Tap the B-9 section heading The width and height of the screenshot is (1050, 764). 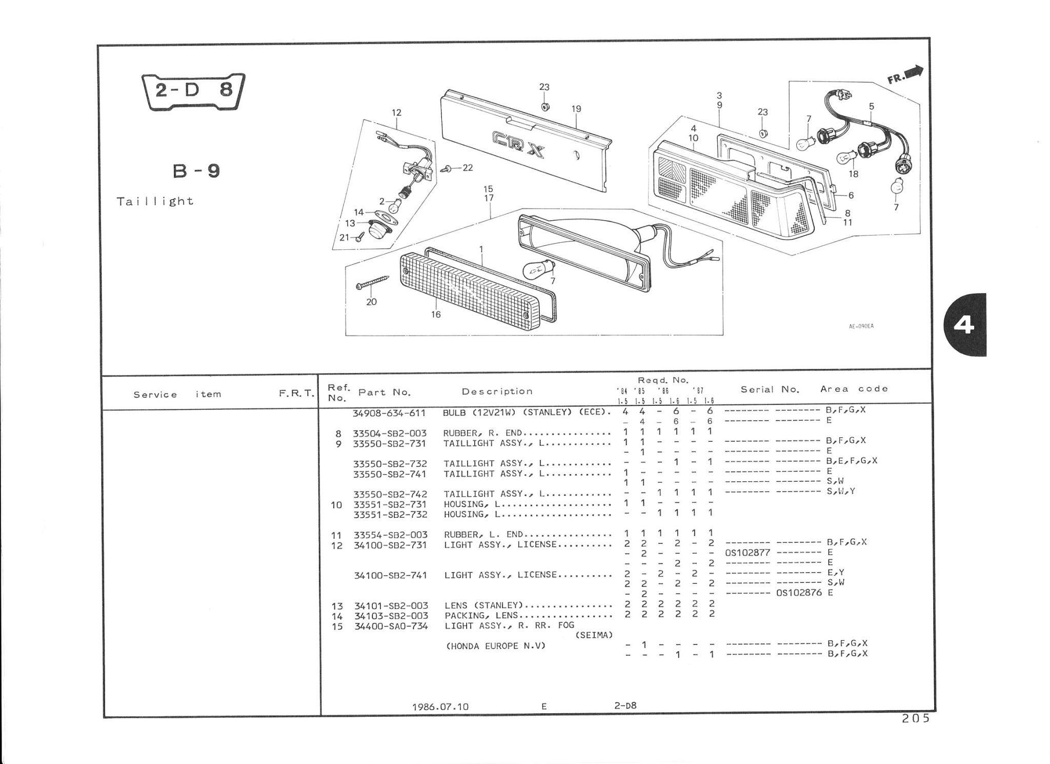(197, 171)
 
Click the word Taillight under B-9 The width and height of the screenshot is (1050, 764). (155, 201)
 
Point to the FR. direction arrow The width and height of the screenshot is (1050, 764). (905, 74)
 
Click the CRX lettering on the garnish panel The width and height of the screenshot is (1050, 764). (518, 144)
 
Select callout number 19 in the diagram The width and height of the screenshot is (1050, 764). (576, 109)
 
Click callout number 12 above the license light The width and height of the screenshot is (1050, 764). (396, 112)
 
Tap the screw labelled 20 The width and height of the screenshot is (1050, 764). (372, 282)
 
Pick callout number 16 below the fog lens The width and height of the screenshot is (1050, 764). (436, 315)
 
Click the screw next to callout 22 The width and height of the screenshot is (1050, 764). (450, 168)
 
